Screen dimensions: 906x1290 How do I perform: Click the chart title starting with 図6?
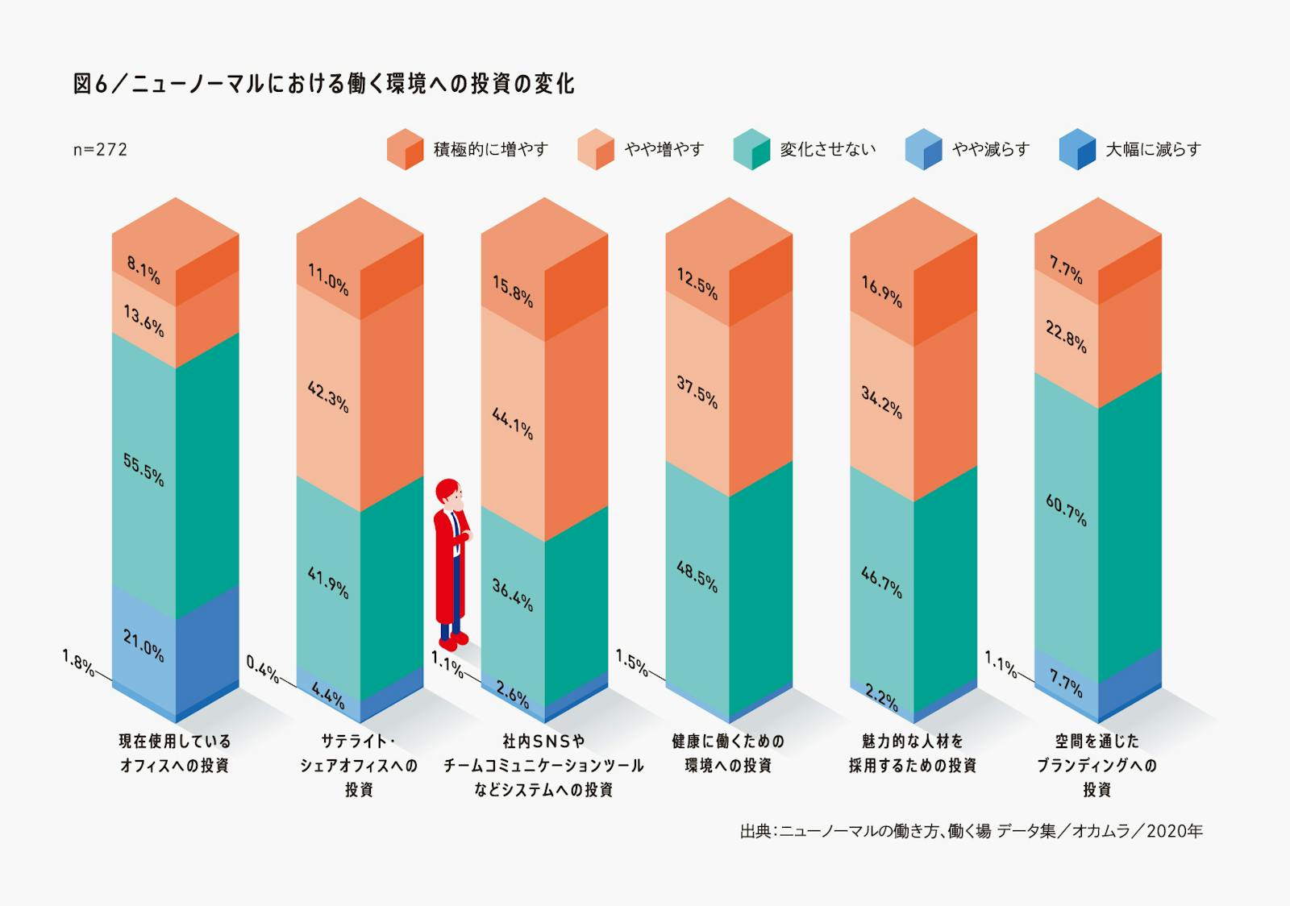click(x=323, y=84)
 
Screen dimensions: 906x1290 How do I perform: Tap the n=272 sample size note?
click(x=100, y=149)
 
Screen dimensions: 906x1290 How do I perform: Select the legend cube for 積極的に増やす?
click(x=405, y=149)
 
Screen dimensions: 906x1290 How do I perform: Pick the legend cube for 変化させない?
click(x=751, y=149)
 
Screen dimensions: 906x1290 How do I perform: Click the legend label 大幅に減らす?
click(x=1153, y=149)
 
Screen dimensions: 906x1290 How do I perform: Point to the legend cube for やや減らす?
click(x=923, y=149)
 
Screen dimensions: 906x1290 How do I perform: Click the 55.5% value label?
click(x=144, y=470)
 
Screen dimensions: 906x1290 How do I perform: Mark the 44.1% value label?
click(x=513, y=423)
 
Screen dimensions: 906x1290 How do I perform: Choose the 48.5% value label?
click(x=697, y=577)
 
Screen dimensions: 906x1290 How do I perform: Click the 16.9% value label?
click(x=882, y=292)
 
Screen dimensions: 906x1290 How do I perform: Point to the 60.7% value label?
click(x=1067, y=510)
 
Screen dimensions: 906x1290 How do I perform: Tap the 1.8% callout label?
click(x=77, y=663)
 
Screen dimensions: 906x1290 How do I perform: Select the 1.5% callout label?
click(x=631, y=663)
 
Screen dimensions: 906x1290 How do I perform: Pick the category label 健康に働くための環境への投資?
click(x=728, y=753)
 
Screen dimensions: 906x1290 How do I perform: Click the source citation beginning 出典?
click(x=971, y=831)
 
